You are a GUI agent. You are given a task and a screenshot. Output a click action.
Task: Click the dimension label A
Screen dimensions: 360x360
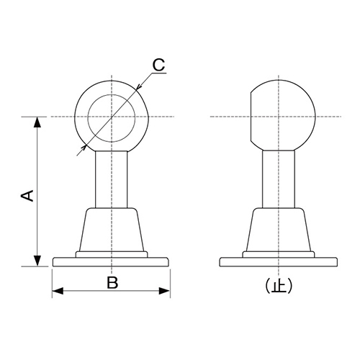click(27, 196)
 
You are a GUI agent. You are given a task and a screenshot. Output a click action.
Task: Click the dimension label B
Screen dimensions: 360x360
click(112, 282)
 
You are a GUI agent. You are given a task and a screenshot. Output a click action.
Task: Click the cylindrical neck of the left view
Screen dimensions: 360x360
click(111, 180)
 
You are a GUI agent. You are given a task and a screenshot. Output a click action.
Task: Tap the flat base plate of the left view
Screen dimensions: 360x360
click(111, 261)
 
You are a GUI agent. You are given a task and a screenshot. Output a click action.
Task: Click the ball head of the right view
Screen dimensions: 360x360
click(284, 112)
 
